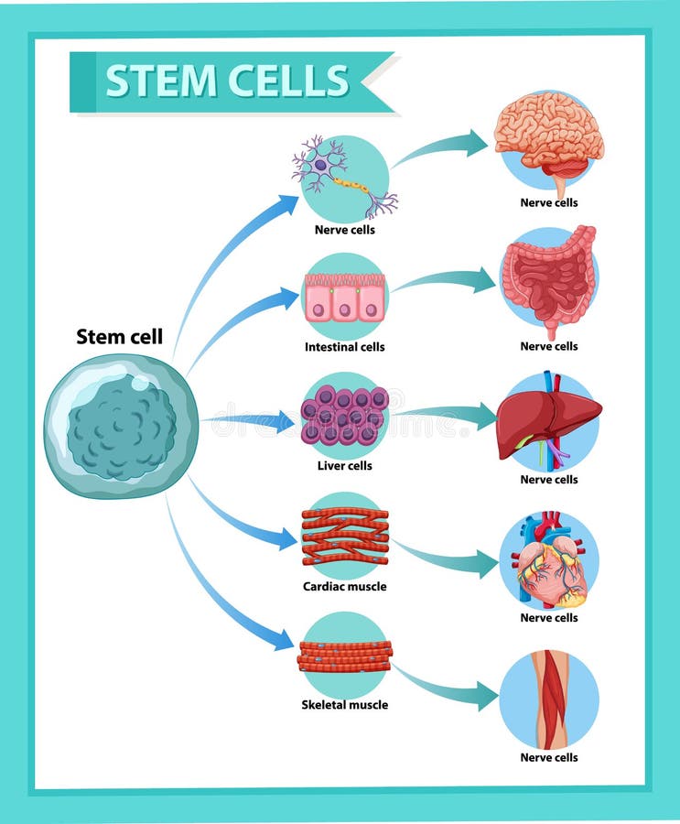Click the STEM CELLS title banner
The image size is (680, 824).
(x=229, y=81)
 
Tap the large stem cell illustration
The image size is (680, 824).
(x=121, y=427)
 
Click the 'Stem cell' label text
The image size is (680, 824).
(x=119, y=337)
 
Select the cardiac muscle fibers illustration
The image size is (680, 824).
(x=345, y=536)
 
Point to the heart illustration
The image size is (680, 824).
(x=550, y=560)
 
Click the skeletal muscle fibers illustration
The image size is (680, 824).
(x=345, y=656)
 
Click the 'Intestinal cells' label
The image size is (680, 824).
(x=345, y=347)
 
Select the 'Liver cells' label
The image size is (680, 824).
(x=345, y=466)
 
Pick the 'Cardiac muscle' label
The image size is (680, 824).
(x=345, y=586)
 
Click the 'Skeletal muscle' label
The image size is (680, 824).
(x=345, y=705)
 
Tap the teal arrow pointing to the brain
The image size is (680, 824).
(x=444, y=148)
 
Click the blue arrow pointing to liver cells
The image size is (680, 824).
(x=252, y=422)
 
